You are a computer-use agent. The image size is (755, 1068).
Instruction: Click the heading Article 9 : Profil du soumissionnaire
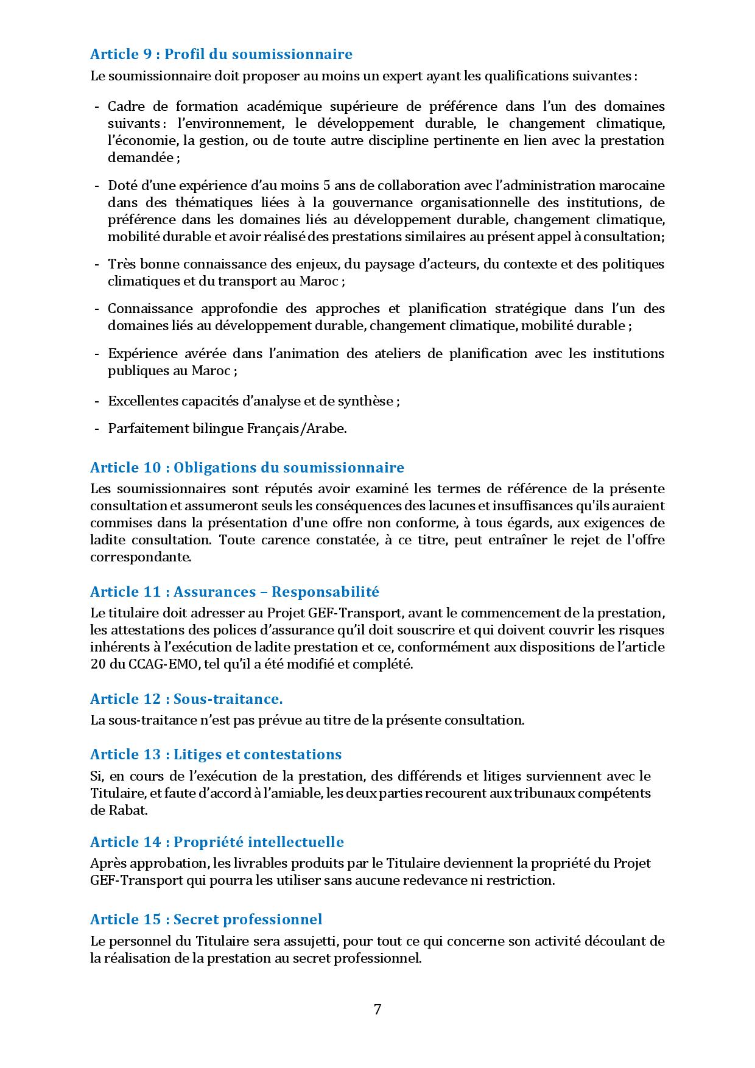click(221, 54)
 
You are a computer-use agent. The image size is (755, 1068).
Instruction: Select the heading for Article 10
click(247, 468)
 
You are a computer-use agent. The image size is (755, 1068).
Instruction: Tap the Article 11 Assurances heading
click(234, 592)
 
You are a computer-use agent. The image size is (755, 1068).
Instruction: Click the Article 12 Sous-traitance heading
click(186, 698)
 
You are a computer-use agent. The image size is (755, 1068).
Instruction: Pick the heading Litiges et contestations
click(216, 754)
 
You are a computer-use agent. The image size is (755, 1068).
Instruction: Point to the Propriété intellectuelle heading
click(217, 842)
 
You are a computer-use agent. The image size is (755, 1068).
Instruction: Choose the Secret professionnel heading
click(206, 919)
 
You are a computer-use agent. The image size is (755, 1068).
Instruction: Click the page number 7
click(377, 1010)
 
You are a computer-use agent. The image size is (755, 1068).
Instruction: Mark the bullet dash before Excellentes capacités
click(97, 401)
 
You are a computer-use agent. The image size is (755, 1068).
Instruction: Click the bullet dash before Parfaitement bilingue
click(97, 429)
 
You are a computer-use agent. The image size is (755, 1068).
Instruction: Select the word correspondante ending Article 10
click(140, 557)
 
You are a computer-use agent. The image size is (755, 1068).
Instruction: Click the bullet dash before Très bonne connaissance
click(97, 264)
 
